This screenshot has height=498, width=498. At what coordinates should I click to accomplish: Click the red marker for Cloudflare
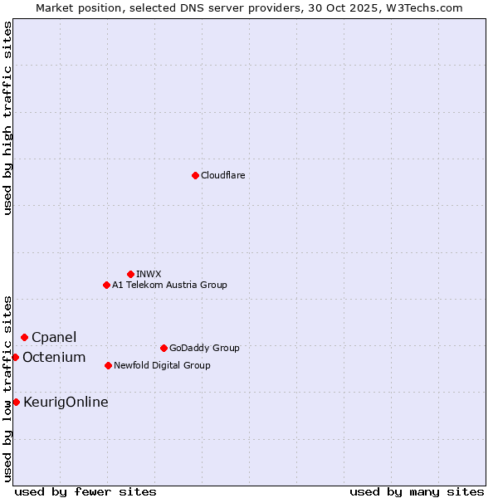pos(195,175)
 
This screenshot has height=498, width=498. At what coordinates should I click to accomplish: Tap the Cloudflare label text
pos(222,176)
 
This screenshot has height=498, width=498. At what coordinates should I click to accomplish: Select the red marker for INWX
pos(130,274)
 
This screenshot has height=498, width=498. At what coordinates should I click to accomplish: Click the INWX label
pos(149,274)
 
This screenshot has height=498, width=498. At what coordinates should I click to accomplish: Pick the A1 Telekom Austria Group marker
pos(106,285)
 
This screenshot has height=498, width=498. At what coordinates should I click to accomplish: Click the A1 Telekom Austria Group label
pos(169,286)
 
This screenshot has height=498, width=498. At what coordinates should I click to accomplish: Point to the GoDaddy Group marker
pos(164,348)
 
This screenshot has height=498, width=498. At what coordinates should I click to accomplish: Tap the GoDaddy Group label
pos(203,349)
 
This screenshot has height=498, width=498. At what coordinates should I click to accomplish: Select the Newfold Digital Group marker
pos(108,365)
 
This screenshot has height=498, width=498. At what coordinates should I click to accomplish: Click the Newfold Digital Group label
pos(162,366)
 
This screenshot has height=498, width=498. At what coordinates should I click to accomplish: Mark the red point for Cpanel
pos(24,337)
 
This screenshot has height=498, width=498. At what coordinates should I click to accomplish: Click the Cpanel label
pos(54,338)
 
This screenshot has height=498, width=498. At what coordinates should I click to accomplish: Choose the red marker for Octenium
pos(15,357)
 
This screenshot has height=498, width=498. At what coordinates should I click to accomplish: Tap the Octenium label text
pos(54,358)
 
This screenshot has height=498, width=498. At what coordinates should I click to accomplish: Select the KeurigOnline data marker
pos(16,402)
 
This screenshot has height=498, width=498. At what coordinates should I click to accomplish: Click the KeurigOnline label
pos(66,403)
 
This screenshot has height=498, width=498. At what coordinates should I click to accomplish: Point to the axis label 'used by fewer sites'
pos(85,491)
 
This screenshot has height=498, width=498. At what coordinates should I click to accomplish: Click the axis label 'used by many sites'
pos(417,491)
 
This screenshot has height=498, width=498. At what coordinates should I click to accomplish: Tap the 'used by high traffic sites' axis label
pos(7,118)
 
